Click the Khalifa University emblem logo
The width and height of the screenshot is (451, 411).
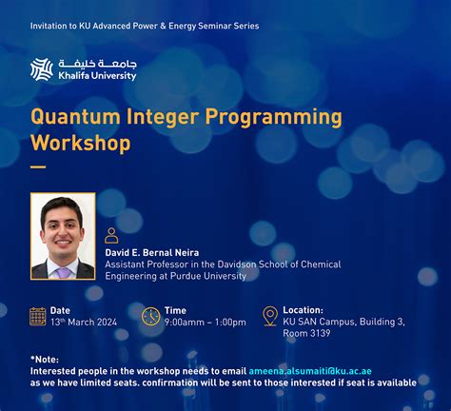point(42,69)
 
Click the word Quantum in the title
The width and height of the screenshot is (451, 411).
point(75,117)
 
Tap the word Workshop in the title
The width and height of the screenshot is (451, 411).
point(81,143)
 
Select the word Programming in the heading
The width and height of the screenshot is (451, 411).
point(274,118)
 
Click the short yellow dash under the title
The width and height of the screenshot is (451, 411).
point(38,167)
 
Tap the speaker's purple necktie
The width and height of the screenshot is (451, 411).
point(64,272)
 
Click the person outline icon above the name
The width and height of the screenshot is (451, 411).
point(111,235)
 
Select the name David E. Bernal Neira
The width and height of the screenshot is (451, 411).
point(152,253)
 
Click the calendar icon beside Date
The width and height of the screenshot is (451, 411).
point(38,317)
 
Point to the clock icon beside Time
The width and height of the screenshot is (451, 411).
point(150,316)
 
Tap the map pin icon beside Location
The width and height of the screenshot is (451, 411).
point(270,316)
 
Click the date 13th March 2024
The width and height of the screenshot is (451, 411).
point(84,323)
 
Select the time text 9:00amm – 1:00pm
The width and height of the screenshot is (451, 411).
point(206,323)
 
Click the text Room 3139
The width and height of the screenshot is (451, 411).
point(306,333)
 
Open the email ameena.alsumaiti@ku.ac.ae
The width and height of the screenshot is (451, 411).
point(310,371)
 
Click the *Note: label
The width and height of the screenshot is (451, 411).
point(45,360)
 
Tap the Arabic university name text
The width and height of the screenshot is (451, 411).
point(97,64)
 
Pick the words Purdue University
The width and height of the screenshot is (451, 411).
point(208,276)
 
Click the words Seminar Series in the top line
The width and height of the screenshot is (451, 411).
point(228,26)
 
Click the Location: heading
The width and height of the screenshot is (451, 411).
point(304,310)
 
